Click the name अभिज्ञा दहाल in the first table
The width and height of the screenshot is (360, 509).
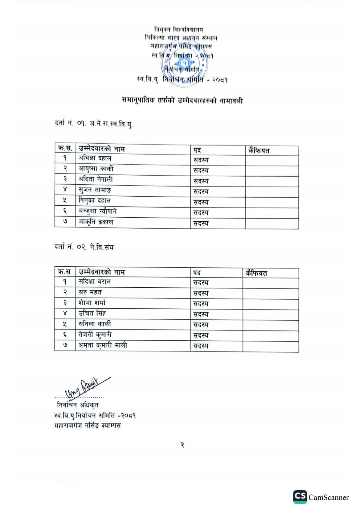(95, 158)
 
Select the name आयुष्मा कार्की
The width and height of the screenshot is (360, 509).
(96, 169)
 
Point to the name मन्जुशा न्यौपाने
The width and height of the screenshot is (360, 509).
(98, 211)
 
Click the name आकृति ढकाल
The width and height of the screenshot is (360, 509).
(96, 222)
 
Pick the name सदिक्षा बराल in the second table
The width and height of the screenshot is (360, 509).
(95, 282)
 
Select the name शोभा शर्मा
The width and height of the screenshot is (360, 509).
(92, 303)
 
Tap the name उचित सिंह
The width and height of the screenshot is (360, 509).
(92, 313)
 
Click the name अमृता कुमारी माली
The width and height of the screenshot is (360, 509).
(103, 345)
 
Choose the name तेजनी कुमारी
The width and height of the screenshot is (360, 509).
(95, 334)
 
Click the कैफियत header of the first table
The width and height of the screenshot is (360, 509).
(259, 151)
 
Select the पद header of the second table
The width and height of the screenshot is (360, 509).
(197, 272)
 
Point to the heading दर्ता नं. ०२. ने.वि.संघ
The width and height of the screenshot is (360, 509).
(84, 247)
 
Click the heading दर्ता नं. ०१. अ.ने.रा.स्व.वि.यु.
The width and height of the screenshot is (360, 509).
(94, 124)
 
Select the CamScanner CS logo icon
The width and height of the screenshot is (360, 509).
(300, 497)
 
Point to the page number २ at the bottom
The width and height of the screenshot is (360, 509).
(182, 445)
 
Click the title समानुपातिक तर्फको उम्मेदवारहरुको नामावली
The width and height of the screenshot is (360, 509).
(182, 100)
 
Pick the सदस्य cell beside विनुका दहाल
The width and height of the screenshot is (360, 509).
(201, 202)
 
